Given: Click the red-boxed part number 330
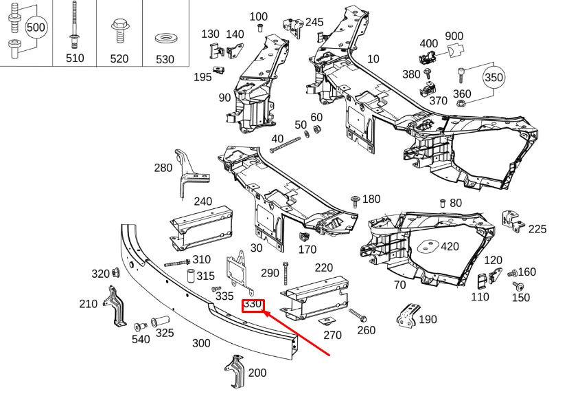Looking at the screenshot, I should click(253, 303).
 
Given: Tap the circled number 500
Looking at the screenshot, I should click(36, 28).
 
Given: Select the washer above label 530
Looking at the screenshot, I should click(165, 36).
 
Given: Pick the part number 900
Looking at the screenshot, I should click(454, 36).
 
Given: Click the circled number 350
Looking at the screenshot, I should click(494, 78).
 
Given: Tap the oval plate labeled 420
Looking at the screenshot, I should click(427, 246).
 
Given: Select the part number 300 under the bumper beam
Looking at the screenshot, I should click(200, 343).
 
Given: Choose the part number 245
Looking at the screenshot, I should click(314, 22).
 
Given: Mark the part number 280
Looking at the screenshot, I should click(163, 168).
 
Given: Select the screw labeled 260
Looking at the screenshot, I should click(358, 316).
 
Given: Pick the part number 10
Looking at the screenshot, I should click(373, 58).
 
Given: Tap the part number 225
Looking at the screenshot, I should click(537, 229).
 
